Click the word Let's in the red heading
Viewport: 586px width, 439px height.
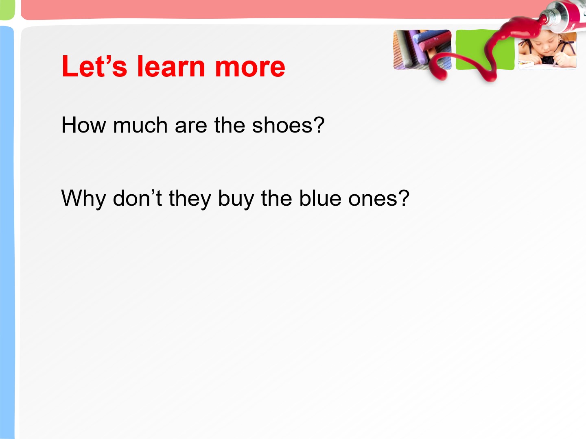94,66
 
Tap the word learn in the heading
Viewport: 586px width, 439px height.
171,66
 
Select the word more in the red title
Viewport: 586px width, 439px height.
250,69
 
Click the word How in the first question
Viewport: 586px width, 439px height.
83,125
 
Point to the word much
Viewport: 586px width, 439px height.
140,125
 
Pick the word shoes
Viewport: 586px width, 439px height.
282,125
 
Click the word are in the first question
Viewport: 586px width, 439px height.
191,127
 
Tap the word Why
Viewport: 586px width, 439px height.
83,199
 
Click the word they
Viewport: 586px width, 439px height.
190,199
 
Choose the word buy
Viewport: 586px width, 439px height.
236,199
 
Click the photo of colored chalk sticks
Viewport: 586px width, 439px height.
422,50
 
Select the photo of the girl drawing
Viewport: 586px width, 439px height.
547,51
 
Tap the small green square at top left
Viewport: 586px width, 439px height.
7,10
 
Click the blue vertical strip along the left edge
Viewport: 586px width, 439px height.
7,232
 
